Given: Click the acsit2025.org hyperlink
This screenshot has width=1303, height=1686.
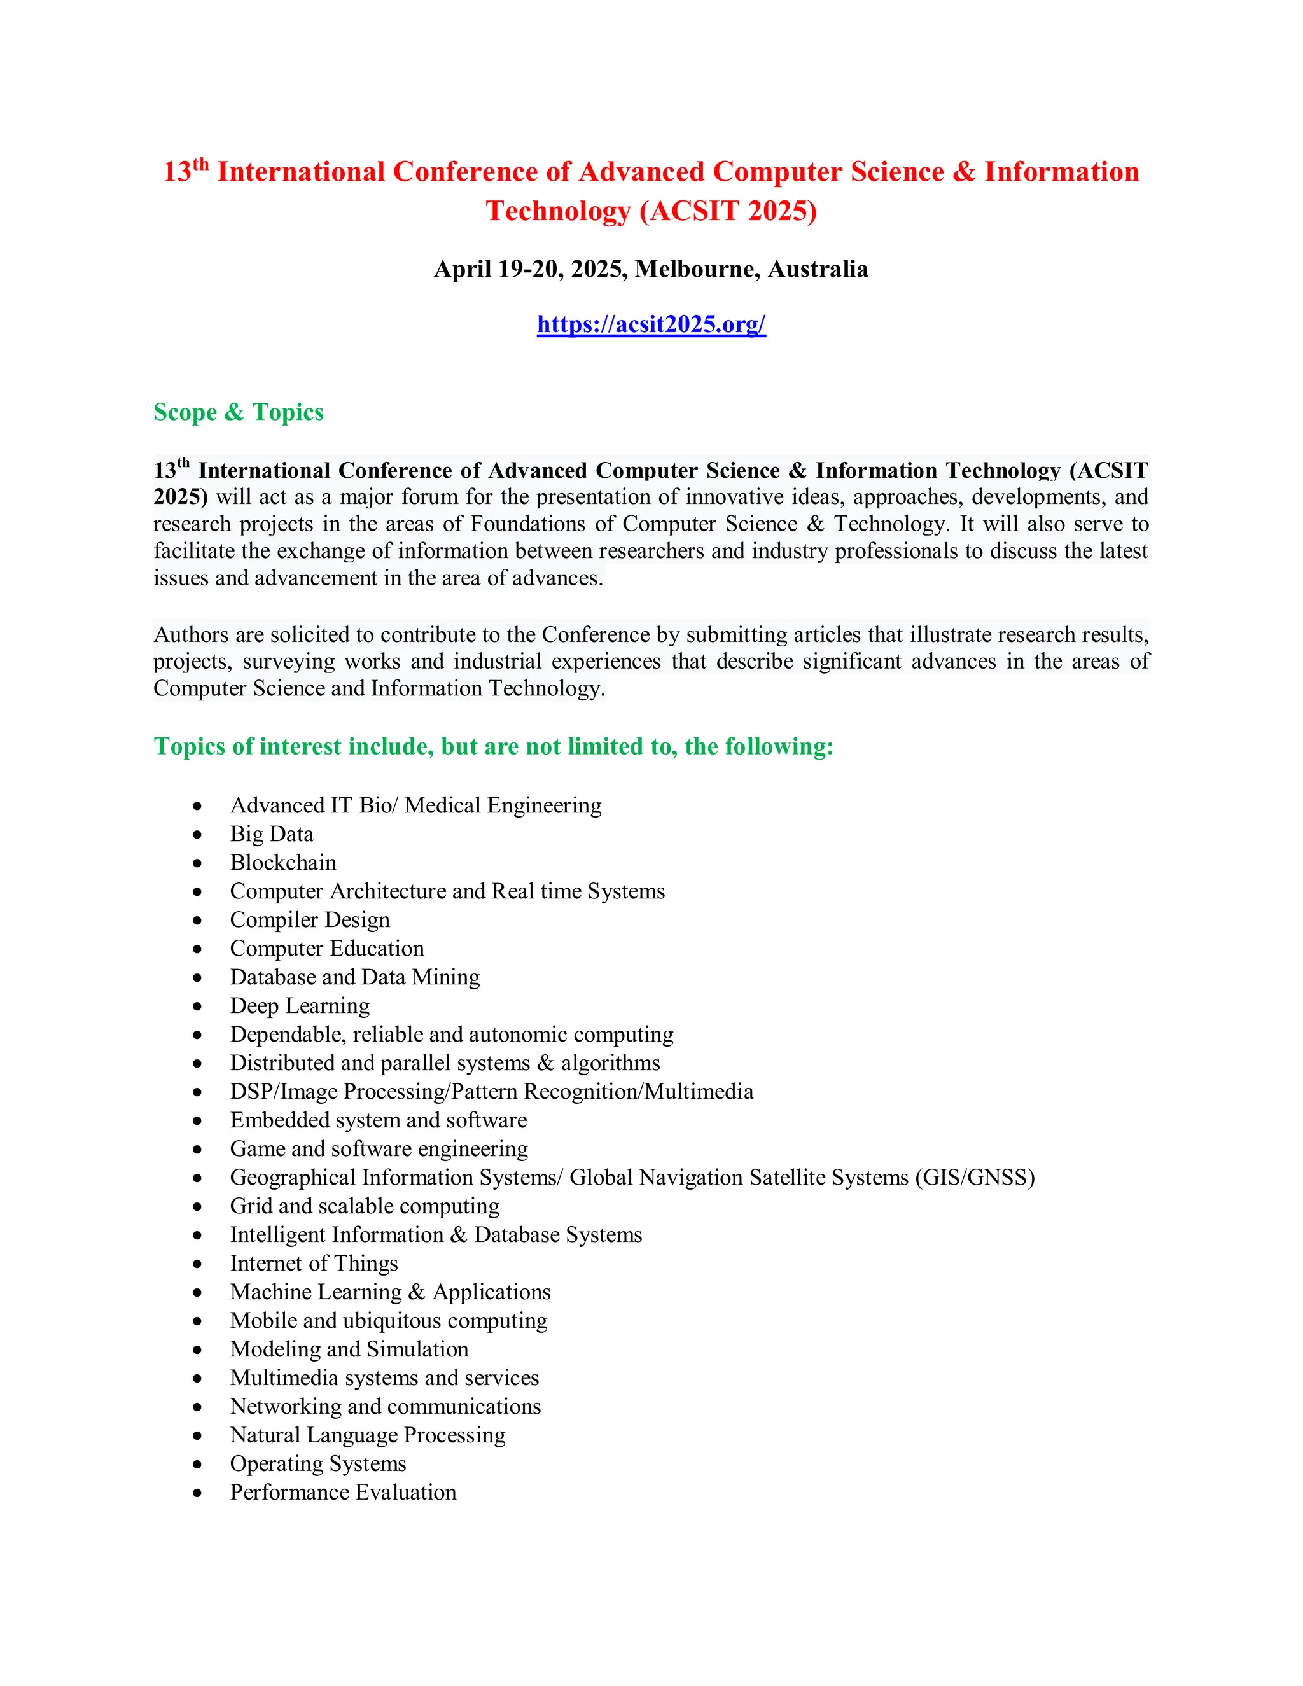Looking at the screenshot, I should pos(651,324).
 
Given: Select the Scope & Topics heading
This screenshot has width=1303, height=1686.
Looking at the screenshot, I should pos(239,412).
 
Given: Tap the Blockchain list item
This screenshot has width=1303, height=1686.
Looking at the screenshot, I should pos(282,862).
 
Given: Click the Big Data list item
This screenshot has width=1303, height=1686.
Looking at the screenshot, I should pos(272,833).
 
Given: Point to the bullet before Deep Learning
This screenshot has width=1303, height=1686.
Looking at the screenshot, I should pos(198,1007).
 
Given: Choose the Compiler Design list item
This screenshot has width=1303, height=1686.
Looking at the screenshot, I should pos(310,919).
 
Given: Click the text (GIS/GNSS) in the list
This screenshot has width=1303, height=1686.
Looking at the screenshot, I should pos(974,1177).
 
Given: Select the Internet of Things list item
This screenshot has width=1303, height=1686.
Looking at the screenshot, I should pos(314,1263).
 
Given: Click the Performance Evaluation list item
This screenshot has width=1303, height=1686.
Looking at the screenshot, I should pos(343,1491).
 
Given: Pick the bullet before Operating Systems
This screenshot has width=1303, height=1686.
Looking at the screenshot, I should pos(198,1465).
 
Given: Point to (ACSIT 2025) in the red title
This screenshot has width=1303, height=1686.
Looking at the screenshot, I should pos(728,211).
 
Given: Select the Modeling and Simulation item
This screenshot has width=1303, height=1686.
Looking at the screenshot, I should pos(349,1349).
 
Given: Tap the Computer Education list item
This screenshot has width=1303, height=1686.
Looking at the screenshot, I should pos(326,948).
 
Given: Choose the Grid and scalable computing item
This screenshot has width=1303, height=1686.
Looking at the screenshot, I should pos(365,1206).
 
